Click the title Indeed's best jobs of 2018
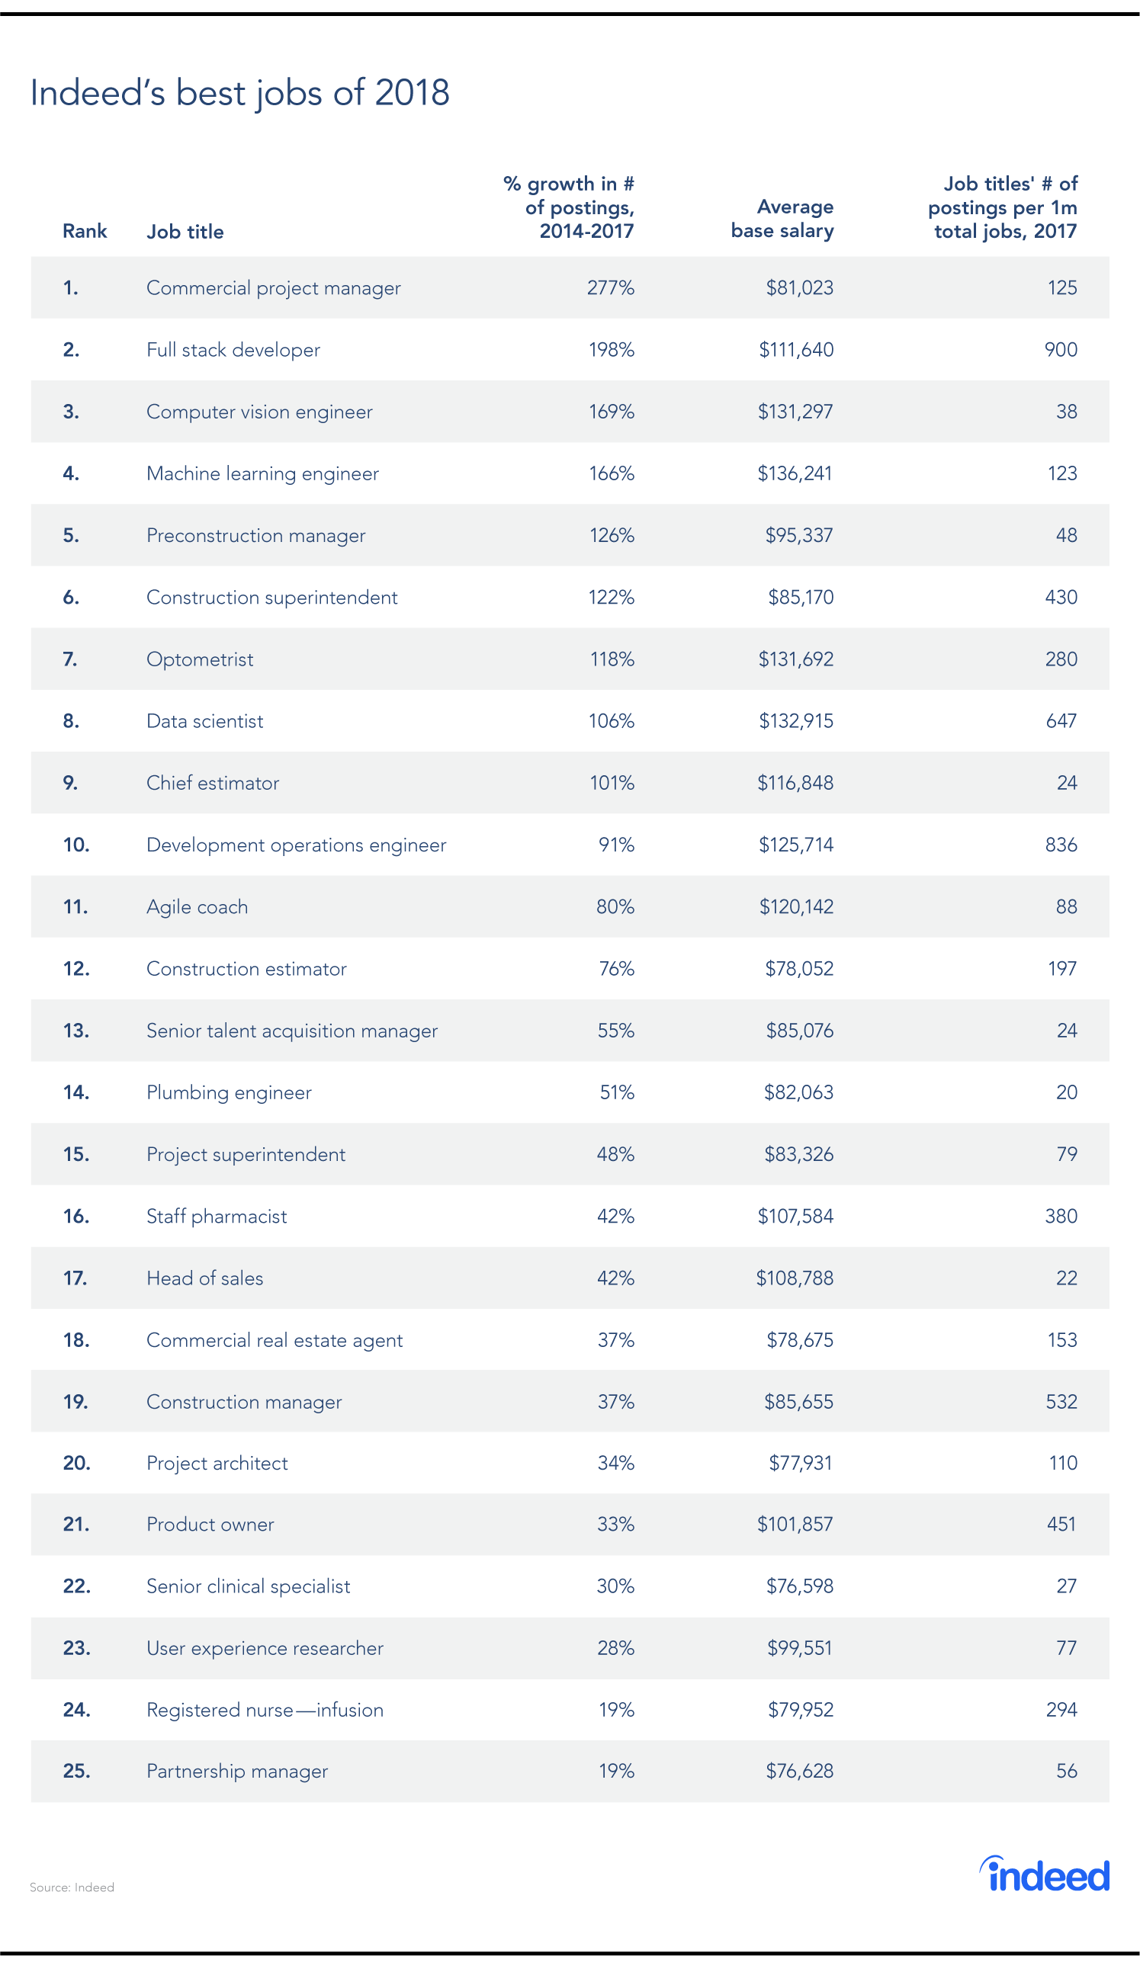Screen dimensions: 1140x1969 click(x=239, y=93)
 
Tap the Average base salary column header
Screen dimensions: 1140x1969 click(x=782, y=219)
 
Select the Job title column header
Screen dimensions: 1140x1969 click(x=185, y=231)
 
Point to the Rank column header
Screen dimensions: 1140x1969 click(x=85, y=231)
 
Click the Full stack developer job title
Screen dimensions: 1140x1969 click(x=233, y=350)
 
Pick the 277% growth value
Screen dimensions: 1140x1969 click(x=610, y=288)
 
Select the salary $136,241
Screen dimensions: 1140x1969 click(x=795, y=473)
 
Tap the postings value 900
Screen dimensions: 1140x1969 click(x=1061, y=350)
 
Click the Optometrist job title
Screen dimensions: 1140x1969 click(x=199, y=659)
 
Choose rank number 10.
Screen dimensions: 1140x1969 click(x=75, y=845)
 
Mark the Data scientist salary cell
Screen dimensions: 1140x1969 click(x=795, y=721)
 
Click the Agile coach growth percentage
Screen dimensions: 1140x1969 click(x=615, y=906)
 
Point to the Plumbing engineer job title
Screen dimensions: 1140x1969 click(x=228, y=1092)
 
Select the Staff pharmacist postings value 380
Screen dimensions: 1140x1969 click(x=1061, y=1216)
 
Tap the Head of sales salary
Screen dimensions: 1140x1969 click(x=795, y=1278)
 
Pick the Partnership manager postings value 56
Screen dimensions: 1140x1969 click(x=1067, y=1771)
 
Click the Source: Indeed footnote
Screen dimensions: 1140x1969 click(x=72, y=1887)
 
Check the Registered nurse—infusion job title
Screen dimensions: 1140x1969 click(x=265, y=1710)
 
